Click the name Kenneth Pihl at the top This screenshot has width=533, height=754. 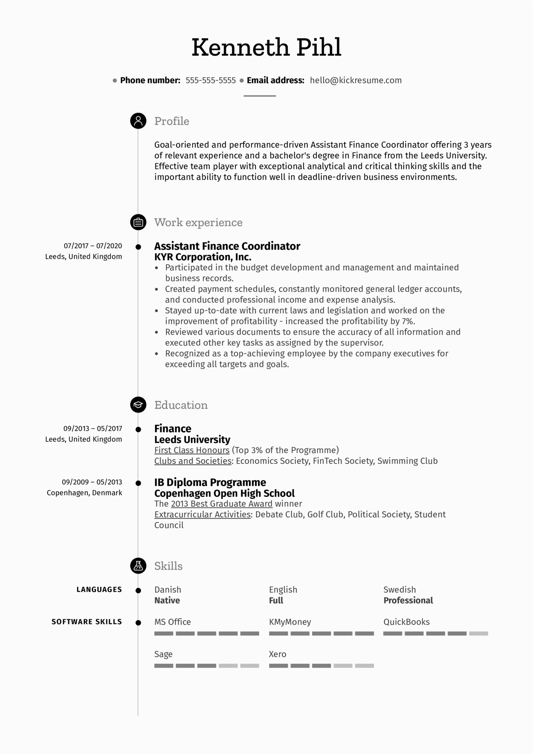266,47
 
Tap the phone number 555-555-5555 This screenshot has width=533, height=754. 211,80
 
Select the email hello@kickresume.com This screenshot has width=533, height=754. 355,80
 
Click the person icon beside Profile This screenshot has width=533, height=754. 138,121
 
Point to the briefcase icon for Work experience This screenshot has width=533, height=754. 138,222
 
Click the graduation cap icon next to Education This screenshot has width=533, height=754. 138,405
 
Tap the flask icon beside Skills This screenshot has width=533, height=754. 138,566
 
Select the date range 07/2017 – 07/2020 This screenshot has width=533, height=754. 93,246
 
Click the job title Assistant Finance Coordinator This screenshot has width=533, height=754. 227,246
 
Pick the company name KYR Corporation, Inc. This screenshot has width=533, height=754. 203,257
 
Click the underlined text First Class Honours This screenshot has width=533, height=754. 192,450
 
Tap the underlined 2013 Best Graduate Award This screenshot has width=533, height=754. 221,504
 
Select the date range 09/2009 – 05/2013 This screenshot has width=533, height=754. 92,482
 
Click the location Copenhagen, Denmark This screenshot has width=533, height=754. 84,493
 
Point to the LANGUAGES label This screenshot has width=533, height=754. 99,590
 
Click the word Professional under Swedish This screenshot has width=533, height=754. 408,600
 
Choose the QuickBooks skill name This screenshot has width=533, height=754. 406,622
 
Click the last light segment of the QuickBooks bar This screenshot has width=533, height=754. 478,633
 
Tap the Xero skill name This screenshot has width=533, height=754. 277,654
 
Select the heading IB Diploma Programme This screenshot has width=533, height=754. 210,482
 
